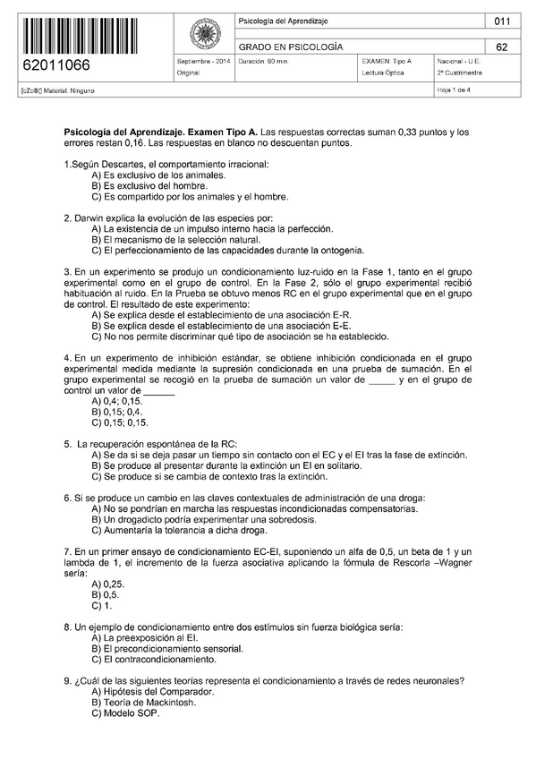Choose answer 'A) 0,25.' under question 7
coord(107,584)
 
